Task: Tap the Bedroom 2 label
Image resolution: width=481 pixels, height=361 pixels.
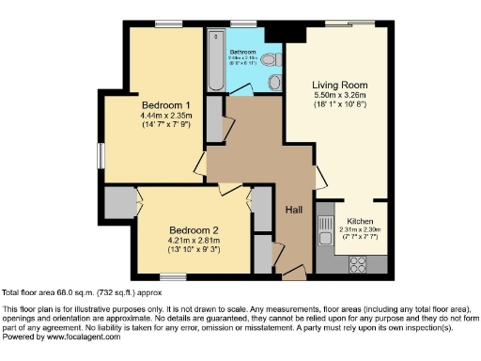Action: coord(194,229)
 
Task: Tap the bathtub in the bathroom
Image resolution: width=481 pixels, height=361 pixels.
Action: coord(214,58)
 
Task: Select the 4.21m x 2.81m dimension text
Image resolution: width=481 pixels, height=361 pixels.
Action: coord(194,240)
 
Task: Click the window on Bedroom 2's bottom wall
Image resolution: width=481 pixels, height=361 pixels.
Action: coord(172,276)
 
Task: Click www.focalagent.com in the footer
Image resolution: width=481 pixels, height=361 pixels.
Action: coord(81,337)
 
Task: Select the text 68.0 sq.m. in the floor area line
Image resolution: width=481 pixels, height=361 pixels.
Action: coord(72,292)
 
